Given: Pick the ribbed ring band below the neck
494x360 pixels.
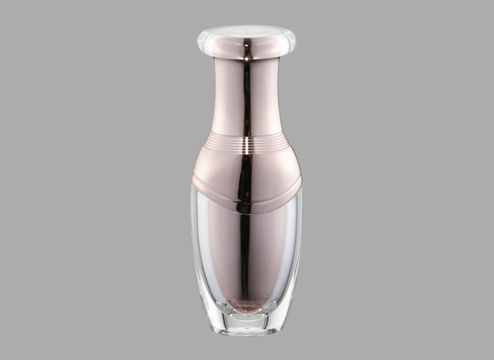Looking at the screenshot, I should click(x=226, y=142).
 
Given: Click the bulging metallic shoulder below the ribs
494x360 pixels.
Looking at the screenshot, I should click(x=220, y=168).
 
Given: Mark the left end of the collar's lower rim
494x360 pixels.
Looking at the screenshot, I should click(x=193, y=182).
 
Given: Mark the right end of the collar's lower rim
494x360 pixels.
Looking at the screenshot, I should click(x=301, y=182).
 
